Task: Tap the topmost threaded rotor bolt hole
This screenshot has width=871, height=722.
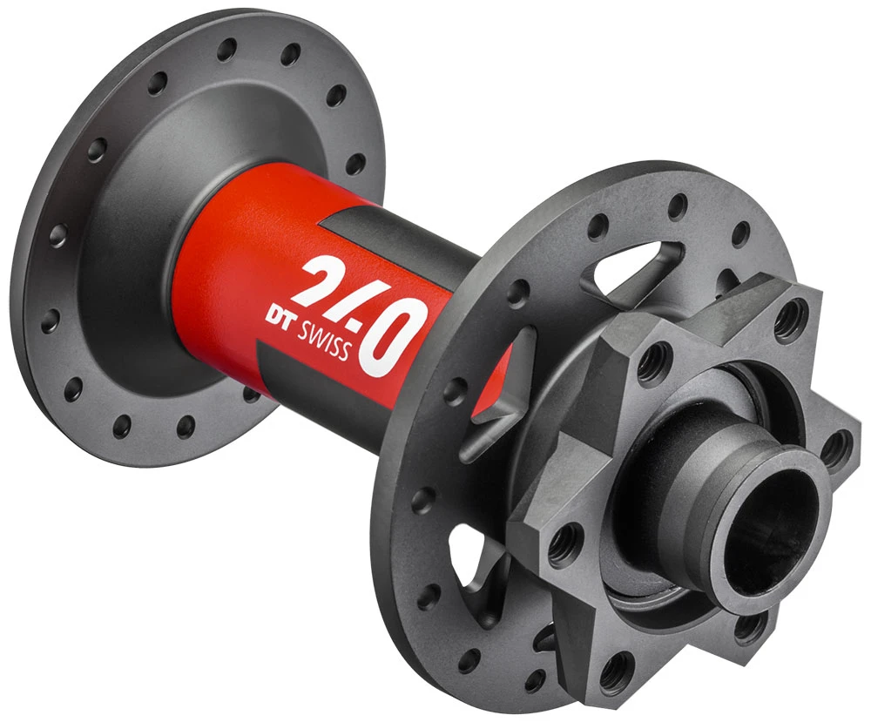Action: (x=789, y=319)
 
